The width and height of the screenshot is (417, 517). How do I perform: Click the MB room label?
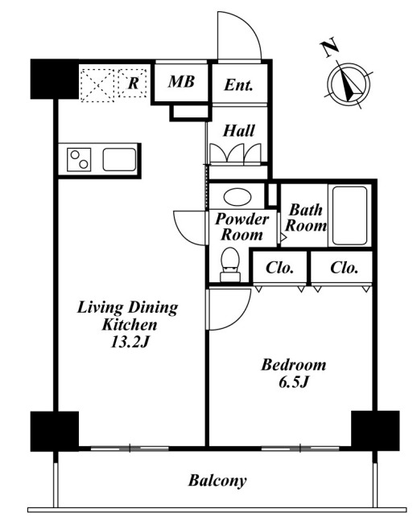click(181, 81)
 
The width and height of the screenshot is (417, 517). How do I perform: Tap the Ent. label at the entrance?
click(238, 85)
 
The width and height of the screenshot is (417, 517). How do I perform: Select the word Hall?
click(239, 130)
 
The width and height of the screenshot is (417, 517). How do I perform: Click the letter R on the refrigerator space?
click(133, 83)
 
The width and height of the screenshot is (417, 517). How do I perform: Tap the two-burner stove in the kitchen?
click(79, 159)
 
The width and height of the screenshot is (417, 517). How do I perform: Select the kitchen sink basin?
click(119, 159)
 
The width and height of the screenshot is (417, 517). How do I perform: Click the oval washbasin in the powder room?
click(237, 197)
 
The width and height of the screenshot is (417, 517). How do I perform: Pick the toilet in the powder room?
click(230, 265)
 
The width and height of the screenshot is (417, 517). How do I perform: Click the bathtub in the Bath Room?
click(349, 216)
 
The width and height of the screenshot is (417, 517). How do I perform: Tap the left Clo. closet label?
click(279, 268)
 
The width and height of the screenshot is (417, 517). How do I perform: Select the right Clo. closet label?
click(344, 268)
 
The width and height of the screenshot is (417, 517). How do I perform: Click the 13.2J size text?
click(130, 343)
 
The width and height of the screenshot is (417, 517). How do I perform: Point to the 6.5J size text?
click(294, 383)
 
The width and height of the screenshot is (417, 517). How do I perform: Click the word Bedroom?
click(294, 365)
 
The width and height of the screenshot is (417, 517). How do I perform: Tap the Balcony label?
click(217, 481)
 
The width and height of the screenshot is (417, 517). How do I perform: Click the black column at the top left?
click(55, 79)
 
